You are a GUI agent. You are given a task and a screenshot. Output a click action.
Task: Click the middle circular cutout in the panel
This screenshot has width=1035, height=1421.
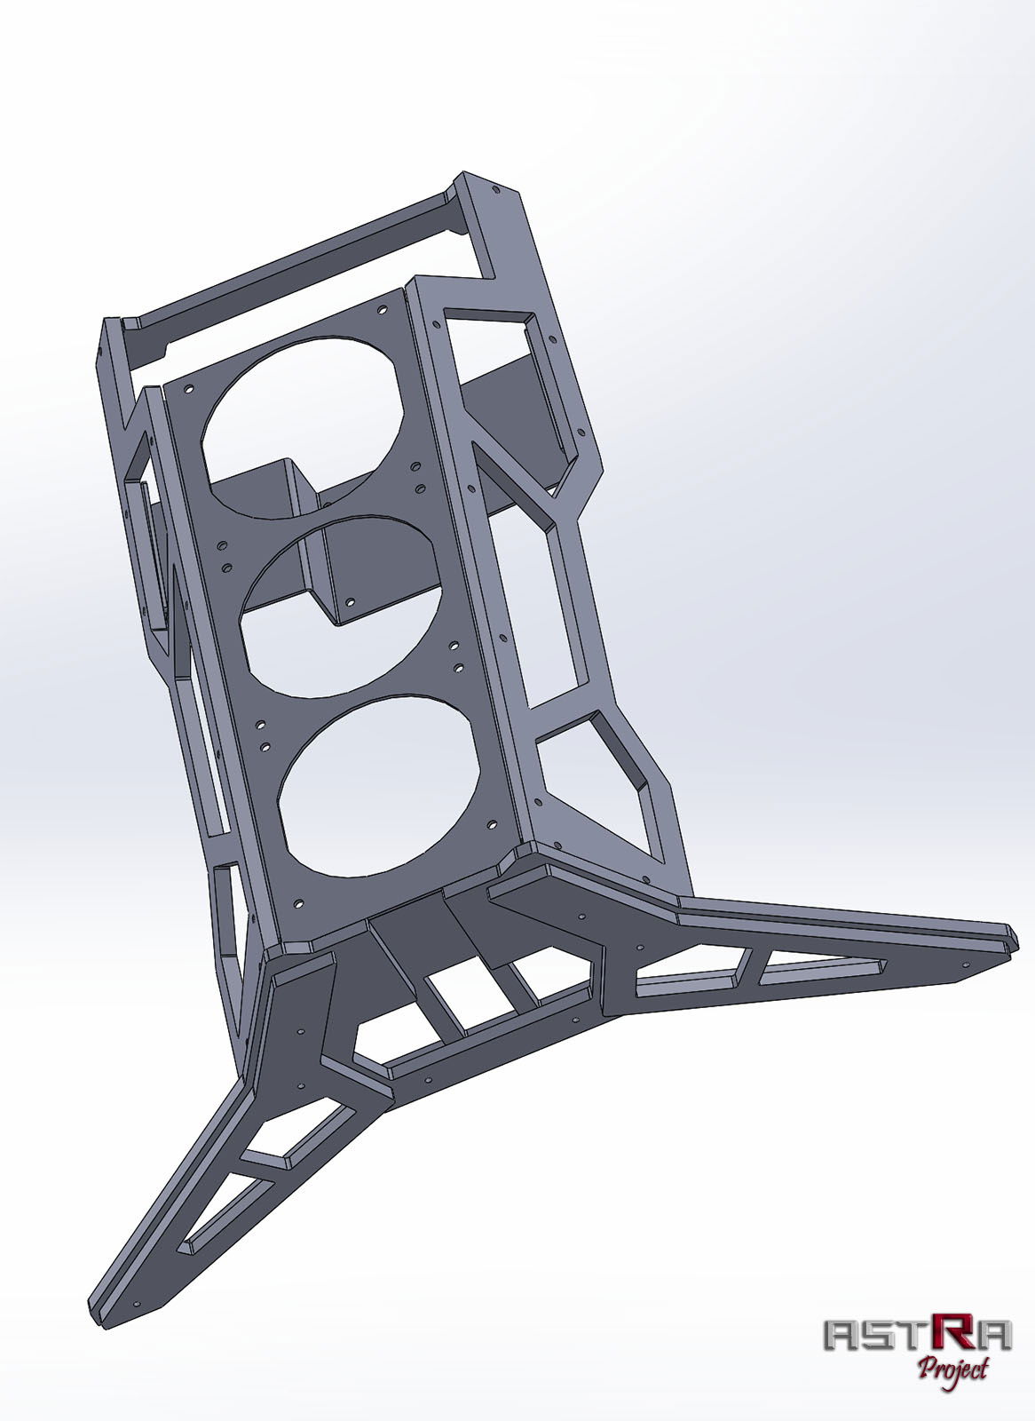[342, 604]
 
